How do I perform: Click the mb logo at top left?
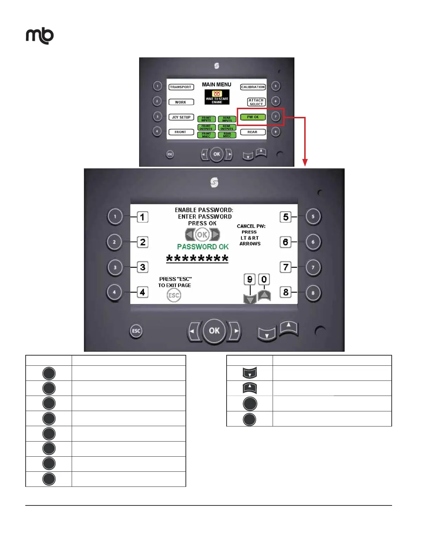click(x=40, y=36)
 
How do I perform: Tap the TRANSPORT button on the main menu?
click(x=181, y=87)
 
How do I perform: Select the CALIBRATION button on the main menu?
click(x=253, y=87)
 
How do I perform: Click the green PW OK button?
click(x=253, y=117)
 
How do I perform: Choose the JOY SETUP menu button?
click(x=181, y=117)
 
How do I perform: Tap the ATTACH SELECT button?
click(x=256, y=102)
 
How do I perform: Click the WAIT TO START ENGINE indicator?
click(x=217, y=97)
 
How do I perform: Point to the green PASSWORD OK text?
click(x=203, y=247)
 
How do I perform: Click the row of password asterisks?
click(x=197, y=259)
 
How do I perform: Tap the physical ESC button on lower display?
click(x=136, y=331)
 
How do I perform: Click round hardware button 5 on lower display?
click(x=313, y=217)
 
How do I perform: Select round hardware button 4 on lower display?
click(x=115, y=292)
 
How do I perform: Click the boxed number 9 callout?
click(x=250, y=279)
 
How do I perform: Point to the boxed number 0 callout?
click(x=264, y=279)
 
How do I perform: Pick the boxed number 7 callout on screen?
click(x=286, y=267)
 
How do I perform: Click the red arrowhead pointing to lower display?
click(x=305, y=163)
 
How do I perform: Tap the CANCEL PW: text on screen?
click(x=251, y=226)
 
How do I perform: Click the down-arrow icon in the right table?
click(x=250, y=373)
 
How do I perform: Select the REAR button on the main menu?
click(x=253, y=132)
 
